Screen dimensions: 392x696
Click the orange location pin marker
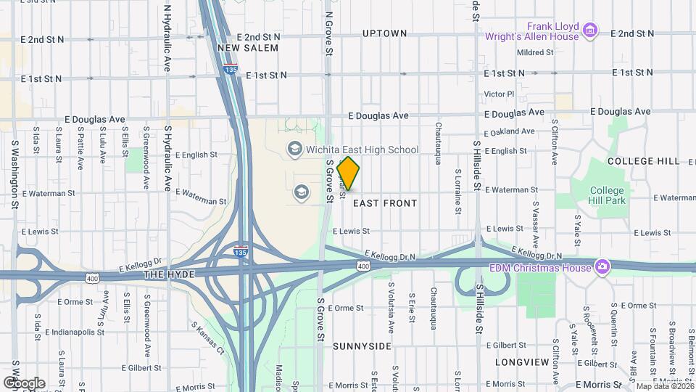click(x=348, y=173)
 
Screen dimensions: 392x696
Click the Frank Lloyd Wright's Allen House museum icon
click(x=591, y=30)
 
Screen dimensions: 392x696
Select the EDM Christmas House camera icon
click(x=602, y=267)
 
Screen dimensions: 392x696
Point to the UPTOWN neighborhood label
click(x=384, y=33)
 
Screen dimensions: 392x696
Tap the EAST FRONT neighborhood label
click(x=385, y=203)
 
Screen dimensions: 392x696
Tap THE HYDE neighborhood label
click(x=166, y=275)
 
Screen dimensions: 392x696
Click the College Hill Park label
click(x=607, y=196)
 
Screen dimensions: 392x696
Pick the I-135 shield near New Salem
click(x=231, y=70)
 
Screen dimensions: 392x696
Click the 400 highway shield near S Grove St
click(x=362, y=267)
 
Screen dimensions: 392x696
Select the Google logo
click(x=24, y=383)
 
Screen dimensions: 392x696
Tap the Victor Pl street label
click(x=498, y=94)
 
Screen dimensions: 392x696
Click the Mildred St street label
click(x=535, y=52)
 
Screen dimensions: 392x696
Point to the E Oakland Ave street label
click(x=510, y=131)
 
